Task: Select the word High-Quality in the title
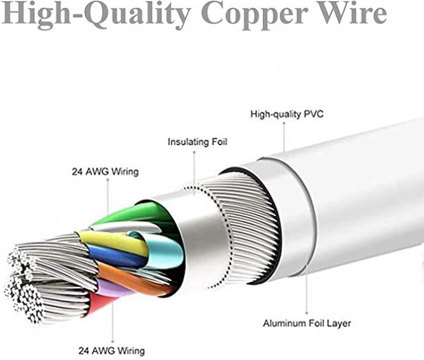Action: click(x=95, y=14)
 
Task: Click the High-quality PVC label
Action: click(x=287, y=114)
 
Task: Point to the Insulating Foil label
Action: click(x=198, y=142)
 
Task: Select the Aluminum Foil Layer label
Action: click(x=307, y=323)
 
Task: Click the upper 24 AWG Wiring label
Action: click(x=105, y=171)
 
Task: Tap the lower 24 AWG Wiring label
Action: click(x=112, y=351)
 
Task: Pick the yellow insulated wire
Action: click(x=113, y=242)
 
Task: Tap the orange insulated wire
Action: click(x=132, y=279)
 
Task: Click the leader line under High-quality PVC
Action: click(x=284, y=137)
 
